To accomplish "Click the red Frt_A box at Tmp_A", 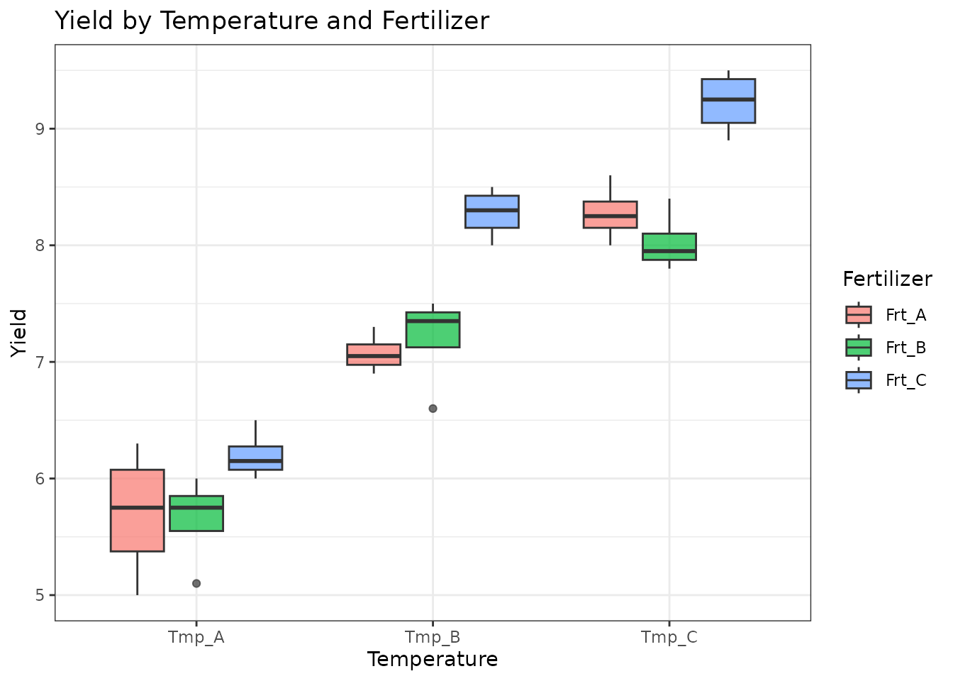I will pyautogui.click(x=138, y=510).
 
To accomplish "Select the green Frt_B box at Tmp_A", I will pyautogui.click(x=196, y=513).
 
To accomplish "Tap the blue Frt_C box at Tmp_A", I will pyautogui.click(x=255, y=458).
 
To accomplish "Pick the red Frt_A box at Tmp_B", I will pyautogui.click(x=374, y=354).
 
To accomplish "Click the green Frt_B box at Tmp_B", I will pyautogui.click(x=433, y=329).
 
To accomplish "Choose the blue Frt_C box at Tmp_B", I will pyautogui.click(x=492, y=211).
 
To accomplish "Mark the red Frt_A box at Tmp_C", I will pyautogui.click(x=610, y=214).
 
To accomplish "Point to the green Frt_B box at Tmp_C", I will pyautogui.click(x=669, y=246).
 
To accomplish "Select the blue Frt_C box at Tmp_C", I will pyautogui.click(x=728, y=101).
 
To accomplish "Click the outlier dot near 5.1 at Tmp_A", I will pyautogui.click(x=196, y=583).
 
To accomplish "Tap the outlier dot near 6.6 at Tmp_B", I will pyautogui.click(x=433, y=409).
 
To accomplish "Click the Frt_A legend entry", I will pyautogui.click(x=886, y=315).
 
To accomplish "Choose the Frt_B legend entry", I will pyautogui.click(x=886, y=348).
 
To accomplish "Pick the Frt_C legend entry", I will pyautogui.click(x=886, y=380).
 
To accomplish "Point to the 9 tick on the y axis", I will pyautogui.click(x=40, y=129).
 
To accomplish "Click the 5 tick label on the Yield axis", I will pyautogui.click(x=40, y=595).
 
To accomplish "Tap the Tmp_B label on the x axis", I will pyautogui.click(x=433, y=637).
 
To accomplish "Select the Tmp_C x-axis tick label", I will pyautogui.click(x=669, y=637).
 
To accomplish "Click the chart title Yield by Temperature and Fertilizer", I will pyautogui.click(x=272, y=21).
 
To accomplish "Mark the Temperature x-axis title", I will pyautogui.click(x=433, y=660).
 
